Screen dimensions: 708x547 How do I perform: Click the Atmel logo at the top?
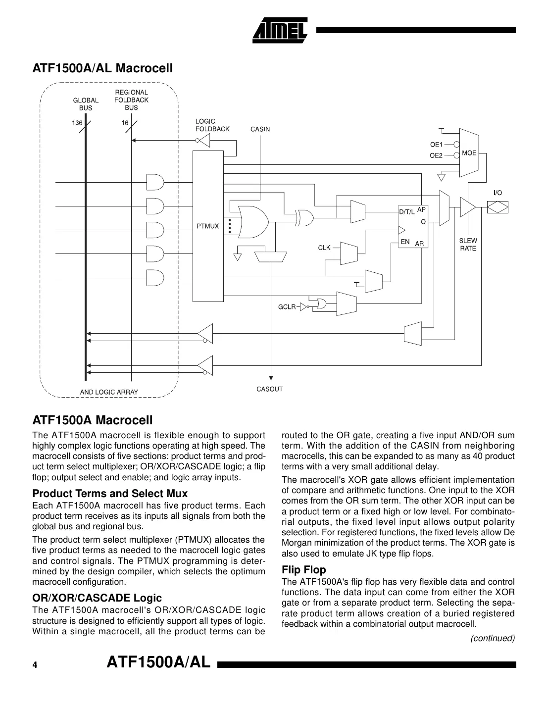tap(280, 31)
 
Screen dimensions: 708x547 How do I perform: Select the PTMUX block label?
tap(207, 226)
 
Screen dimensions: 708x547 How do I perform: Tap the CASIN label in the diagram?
tap(260, 129)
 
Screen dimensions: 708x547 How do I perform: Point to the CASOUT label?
tap(269, 389)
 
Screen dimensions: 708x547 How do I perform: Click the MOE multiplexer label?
tap(469, 153)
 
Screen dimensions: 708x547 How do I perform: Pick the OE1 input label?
tap(436, 145)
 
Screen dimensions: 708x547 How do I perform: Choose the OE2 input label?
tap(436, 155)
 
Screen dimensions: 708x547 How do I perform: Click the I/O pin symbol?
tap(497, 207)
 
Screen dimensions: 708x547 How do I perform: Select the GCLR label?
tap(287, 307)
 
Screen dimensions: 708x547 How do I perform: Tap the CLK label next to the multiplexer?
tap(324, 248)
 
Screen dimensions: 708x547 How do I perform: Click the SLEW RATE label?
tap(468, 245)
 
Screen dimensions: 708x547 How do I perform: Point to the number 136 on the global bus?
tap(77, 123)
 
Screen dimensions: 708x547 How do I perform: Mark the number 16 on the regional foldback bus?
tap(125, 123)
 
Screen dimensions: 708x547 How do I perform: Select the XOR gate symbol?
tap(304, 217)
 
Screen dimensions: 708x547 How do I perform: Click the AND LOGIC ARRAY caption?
tap(109, 392)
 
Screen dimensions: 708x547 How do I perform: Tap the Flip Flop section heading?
tap(303, 569)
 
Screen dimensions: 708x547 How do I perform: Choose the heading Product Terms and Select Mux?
tap(110, 494)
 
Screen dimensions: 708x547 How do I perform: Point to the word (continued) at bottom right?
tap(493, 638)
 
